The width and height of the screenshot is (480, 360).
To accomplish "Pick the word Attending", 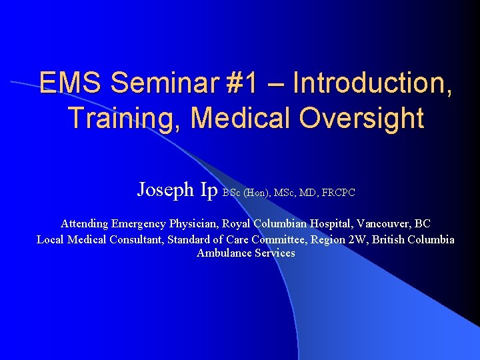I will click(x=85, y=223).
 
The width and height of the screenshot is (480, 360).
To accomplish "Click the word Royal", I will click(x=238, y=223).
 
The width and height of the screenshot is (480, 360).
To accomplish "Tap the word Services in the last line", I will click(x=274, y=253).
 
